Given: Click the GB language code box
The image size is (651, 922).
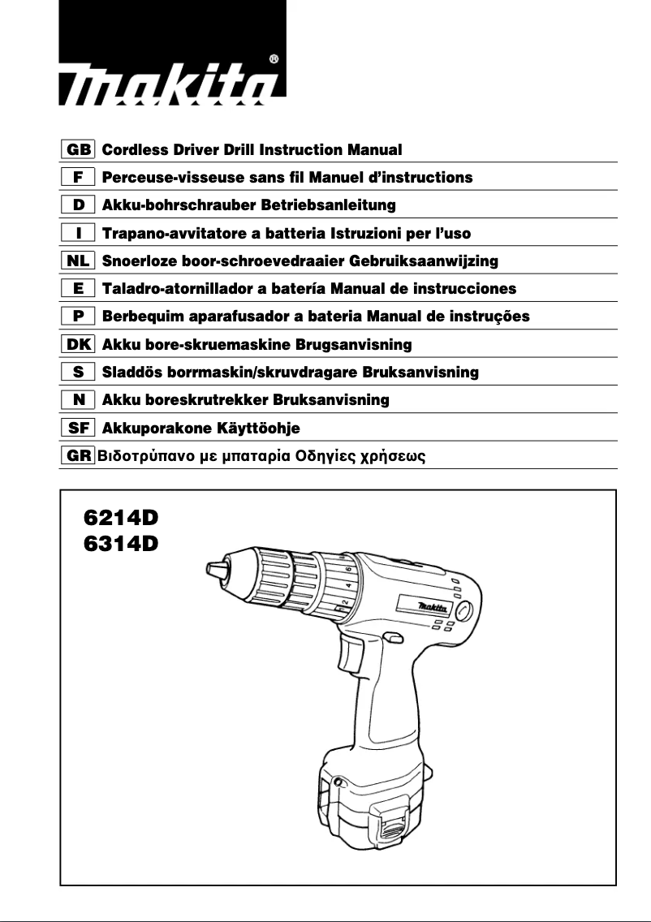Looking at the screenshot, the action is pyautogui.click(x=79, y=150).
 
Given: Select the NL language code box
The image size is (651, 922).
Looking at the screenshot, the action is pyautogui.click(x=79, y=261).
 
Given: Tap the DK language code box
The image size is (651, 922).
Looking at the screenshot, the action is pyautogui.click(x=79, y=345).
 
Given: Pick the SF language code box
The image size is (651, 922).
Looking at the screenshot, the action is pyautogui.click(x=79, y=428).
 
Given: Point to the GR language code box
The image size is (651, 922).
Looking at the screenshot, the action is pyautogui.click(x=79, y=456).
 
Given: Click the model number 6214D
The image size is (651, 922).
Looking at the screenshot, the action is pyautogui.click(x=121, y=517).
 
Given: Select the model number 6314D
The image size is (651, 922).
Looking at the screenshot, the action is pyautogui.click(x=121, y=543).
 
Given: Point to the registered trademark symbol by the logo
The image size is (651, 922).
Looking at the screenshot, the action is pyautogui.click(x=274, y=59).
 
